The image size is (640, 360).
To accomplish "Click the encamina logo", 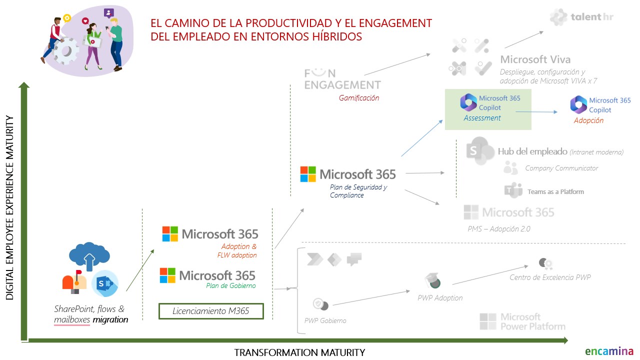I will click(x=609, y=351).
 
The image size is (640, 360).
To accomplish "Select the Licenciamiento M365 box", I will click(x=210, y=311).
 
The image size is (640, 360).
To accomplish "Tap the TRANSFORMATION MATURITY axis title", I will click(x=299, y=352).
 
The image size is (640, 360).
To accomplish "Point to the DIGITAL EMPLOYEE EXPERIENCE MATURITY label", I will click(x=10, y=207).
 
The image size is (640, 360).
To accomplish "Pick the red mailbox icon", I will click(x=74, y=281).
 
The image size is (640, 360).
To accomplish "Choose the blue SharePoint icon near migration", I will click(x=104, y=283).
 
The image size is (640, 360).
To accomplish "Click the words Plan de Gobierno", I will click(x=230, y=285).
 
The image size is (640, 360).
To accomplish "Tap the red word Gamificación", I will click(x=359, y=98).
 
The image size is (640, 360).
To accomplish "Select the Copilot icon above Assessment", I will click(x=468, y=102).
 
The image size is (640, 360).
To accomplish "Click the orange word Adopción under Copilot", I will click(x=588, y=120).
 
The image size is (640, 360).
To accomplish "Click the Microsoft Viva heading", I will click(x=535, y=59).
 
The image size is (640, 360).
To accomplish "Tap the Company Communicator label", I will click(x=561, y=168).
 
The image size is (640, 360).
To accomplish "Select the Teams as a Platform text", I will click(x=555, y=191).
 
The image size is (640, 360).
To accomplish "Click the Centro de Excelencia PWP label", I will click(x=550, y=277).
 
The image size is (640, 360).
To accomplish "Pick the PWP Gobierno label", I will click(x=325, y=320).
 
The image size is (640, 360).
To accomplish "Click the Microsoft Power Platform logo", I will click(x=522, y=321).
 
